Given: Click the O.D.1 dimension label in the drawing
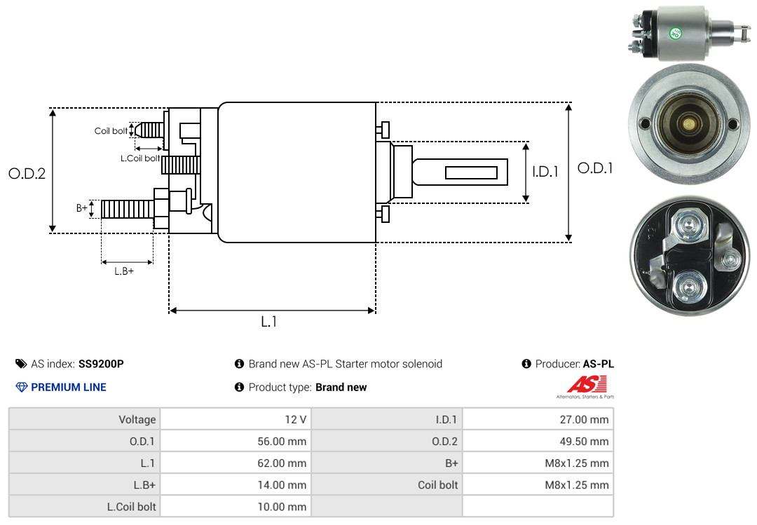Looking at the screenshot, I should (594, 168).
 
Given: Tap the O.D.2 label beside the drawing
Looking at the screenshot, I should (27, 173).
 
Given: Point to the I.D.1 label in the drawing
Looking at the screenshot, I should (545, 171).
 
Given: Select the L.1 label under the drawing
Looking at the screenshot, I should (269, 322).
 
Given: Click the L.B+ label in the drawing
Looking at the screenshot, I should (124, 271).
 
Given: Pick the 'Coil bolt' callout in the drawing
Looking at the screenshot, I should (111, 131).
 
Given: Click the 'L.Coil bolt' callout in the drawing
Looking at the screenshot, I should (140, 158).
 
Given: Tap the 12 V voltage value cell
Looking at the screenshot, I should (294, 420).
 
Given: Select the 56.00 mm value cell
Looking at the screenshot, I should (282, 442).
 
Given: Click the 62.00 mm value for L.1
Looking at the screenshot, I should (282, 463).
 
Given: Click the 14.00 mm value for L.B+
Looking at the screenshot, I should (282, 485).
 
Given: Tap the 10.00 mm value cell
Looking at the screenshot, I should (282, 507).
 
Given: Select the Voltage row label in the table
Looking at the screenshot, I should (137, 420).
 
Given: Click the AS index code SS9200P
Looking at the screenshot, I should (101, 364).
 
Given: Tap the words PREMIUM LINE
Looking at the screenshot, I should (69, 387).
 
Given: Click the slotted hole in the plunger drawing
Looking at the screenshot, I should (472, 172).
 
